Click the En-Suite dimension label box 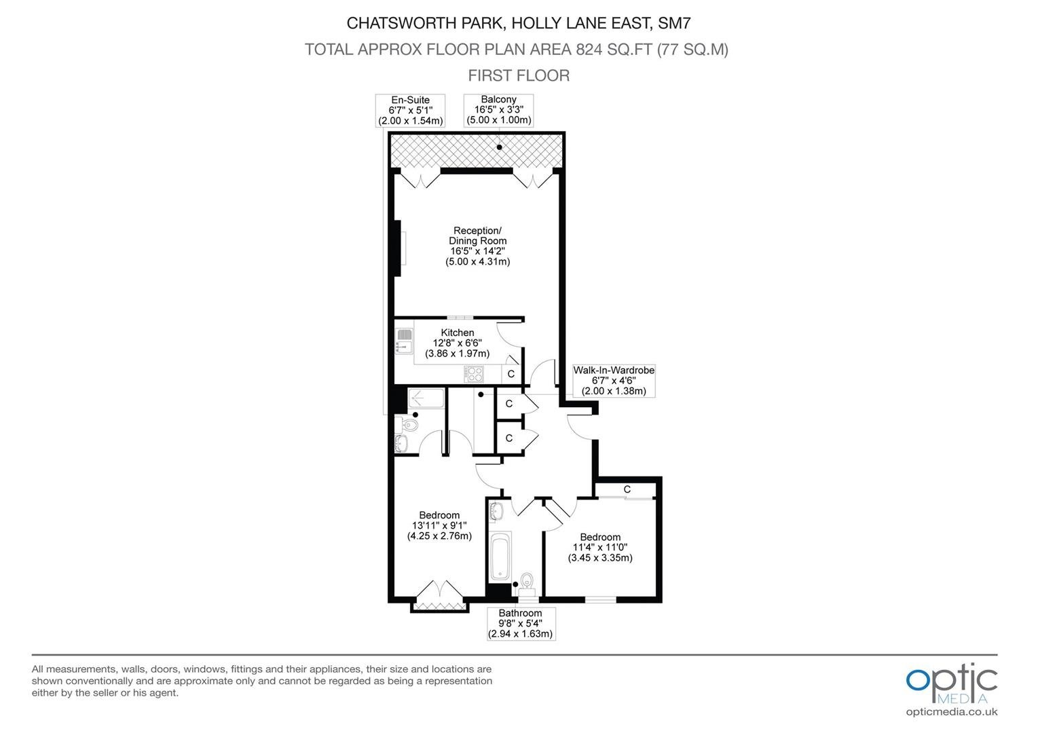(x=410, y=110)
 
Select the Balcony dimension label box (x=498, y=110)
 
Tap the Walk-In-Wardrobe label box (x=614, y=380)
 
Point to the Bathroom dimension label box (x=521, y=623)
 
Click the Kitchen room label (x=458, y=343)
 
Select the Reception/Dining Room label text (x=478, y=246)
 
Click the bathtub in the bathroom (x=500, y=556)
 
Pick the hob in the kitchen (x=474, y=374)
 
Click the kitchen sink (x=404, y=341)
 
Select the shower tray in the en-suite (x=426, y=398)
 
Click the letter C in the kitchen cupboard (x=511, y=374)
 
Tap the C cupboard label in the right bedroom (x=627, y=489)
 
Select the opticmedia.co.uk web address (x=952, y=712)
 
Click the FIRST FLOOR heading (x=519, y=75)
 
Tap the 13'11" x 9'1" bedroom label (x=439, y=525)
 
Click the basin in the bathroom (x=496, y=512)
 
